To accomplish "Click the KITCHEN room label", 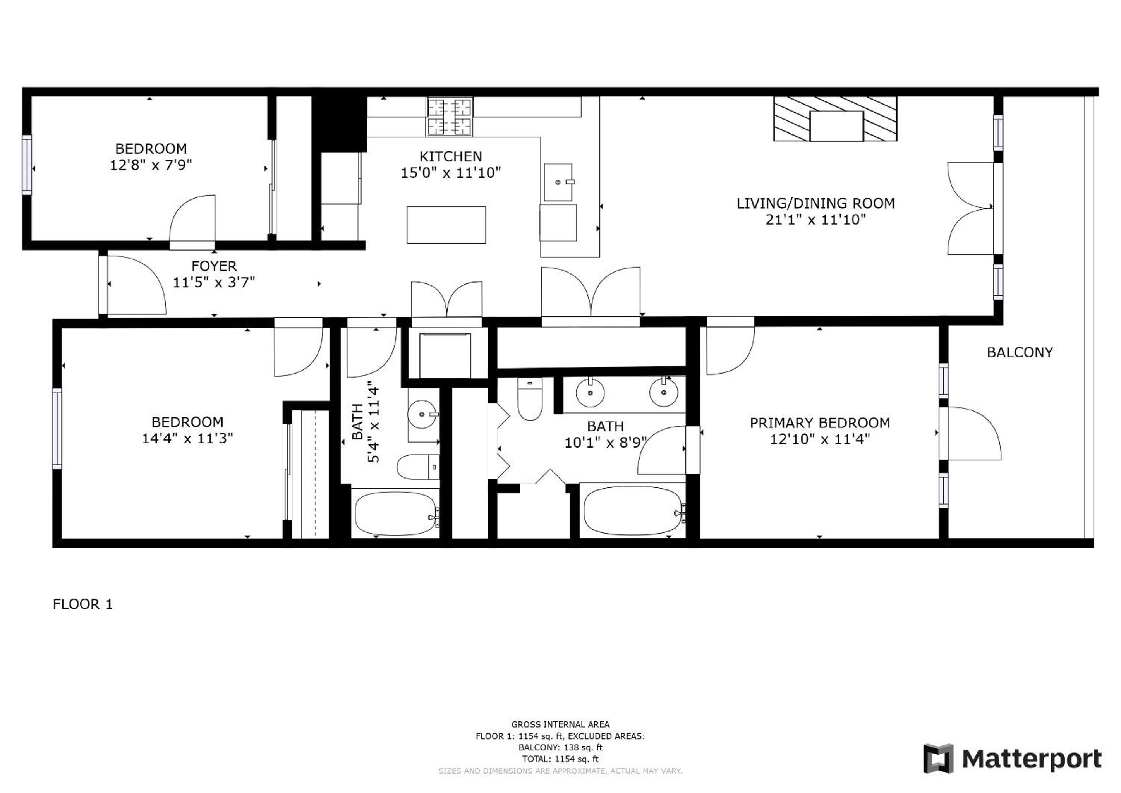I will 450,156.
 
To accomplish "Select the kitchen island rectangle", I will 446,225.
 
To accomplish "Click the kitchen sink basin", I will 558,182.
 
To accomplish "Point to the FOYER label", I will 214,266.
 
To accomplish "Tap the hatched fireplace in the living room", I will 835,118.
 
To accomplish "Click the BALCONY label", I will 1020,353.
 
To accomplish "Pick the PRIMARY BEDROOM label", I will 820,423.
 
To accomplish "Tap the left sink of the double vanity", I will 590,392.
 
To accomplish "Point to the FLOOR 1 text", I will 82,604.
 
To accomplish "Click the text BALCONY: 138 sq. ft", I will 560,748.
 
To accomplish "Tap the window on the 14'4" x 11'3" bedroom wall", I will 57,428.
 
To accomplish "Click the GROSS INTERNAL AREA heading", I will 560,724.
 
